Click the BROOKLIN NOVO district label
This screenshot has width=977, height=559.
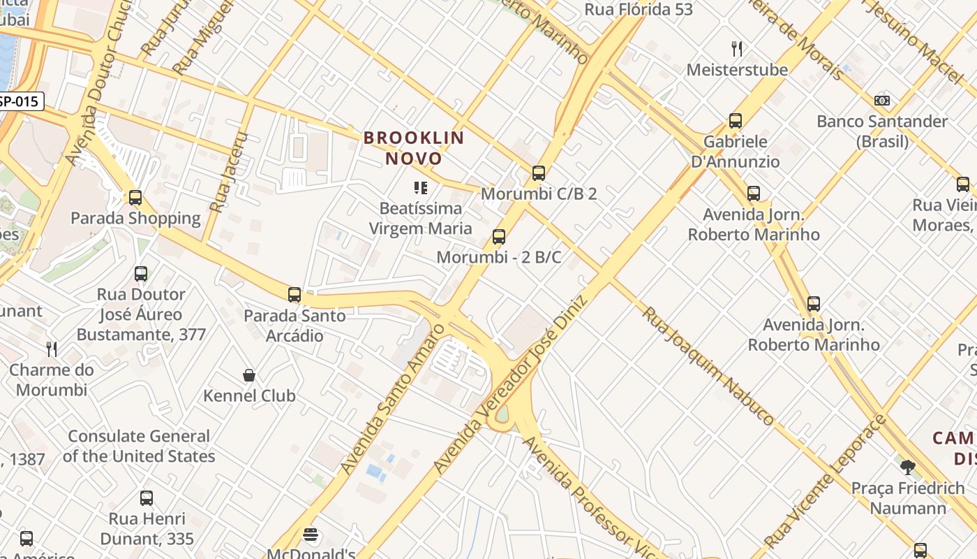pyautogui.click(x=414, y=147)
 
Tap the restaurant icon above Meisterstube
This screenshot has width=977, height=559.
pyautogui.click(x=737, y=48)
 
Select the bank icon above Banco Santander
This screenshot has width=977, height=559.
pyautogui.click(x=882, y=100)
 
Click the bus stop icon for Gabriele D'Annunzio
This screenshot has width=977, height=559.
pyautogui.click(x=736, y=120)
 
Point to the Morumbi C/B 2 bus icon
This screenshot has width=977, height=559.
pyautogui.click(x=538, y=173)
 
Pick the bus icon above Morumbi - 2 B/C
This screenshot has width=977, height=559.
pyautogui.click(x=498, y=236)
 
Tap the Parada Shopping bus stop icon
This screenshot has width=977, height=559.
pyautogui.click(x=135, y=197)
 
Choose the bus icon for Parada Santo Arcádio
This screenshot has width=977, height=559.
pyautogui.click(x=294, y=294)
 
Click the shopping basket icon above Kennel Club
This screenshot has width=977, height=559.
pyautogui.click(x=249, y=375)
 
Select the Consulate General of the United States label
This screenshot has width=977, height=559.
pyautogui.click(x=139, y=446)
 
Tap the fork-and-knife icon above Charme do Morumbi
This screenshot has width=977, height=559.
pyautogui.click(x=52, y=349)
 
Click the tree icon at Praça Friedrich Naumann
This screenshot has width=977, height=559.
pyautogui.click(x=907, y=467)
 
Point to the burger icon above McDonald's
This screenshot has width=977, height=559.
pyautogui.click(x=311, y=535)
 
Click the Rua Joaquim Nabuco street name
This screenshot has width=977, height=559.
pyautogui.click(x=707, y=365)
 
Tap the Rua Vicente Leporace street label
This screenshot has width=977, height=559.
pyautogui.click(x=825, y=482)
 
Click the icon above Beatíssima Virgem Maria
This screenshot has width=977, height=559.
pyautogui.click(x=420, y=187)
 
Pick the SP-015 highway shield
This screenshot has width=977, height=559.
pyautogui.click(x=21, y=101)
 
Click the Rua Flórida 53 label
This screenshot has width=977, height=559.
pyautogui.click(x=639, y=9)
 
